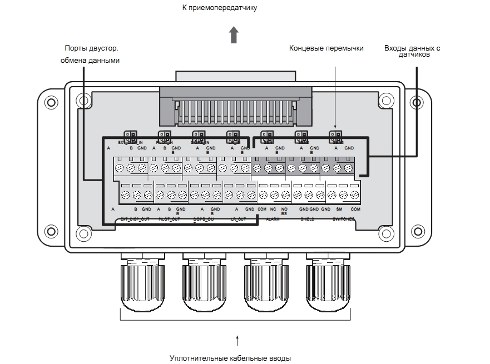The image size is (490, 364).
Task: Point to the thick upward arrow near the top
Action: coord(235,34)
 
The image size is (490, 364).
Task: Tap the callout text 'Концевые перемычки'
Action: coord(326,49)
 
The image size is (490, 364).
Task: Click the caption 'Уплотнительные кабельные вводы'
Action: coord(230,358)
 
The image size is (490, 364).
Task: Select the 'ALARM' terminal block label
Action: coord(273,220)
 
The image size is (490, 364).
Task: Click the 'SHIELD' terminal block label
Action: coord(307,220)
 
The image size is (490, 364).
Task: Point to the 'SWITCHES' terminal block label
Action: coord(344,220)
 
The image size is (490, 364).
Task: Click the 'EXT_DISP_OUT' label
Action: coord(135,220)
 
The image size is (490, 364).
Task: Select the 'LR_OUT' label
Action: coord(238,220)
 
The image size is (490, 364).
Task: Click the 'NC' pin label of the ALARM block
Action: coord(273,209)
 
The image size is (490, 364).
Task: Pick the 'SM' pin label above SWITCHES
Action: coord(339,209)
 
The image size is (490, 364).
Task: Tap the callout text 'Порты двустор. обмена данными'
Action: coord(90,54)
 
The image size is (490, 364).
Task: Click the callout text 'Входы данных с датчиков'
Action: coord(412,52)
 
